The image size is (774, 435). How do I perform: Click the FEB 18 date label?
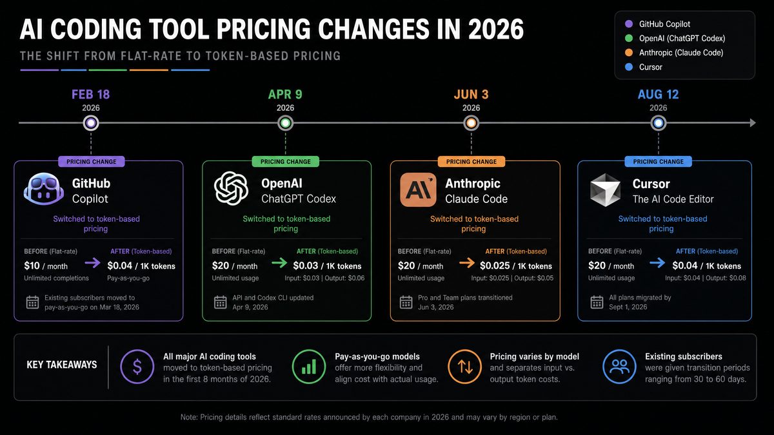pos(90,94)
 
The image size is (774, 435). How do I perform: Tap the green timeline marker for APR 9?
pos(285,123)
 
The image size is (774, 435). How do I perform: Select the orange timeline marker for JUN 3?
pos(471,123)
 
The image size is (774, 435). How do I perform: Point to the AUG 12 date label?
pos(659,94)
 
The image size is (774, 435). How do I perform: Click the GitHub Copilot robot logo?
pos(44,189)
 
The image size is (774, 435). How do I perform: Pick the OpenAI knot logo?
pos(231,188)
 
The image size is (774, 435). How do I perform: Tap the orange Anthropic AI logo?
pos(418,189)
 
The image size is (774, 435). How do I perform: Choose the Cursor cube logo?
pos(605,190)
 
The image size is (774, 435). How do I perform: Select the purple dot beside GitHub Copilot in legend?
pos(629,24)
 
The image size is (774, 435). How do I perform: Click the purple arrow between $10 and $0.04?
pos(92,263)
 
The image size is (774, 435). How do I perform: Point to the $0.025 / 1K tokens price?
pos(516,266)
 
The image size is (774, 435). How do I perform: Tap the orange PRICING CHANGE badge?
pos(471,162)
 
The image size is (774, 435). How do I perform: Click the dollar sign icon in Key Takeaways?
pos(137,367)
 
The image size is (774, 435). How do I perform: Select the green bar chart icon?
pos(309,367)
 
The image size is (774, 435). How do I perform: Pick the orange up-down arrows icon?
pos(465,367)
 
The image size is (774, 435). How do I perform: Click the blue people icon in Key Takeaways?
pos(620,367)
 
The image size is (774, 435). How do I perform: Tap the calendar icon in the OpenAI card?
pos(220,302)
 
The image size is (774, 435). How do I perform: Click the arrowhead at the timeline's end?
pos(753,123)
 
